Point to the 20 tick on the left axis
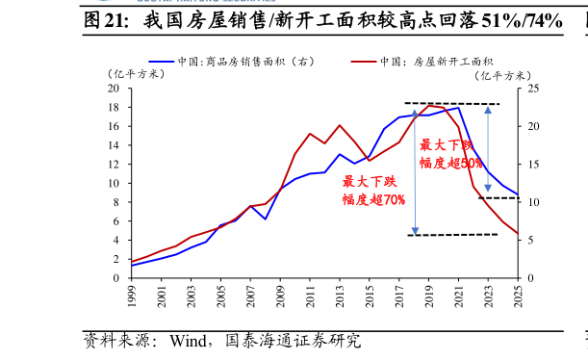120,89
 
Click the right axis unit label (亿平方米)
503,74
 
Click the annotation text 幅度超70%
373,199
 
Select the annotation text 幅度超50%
450,163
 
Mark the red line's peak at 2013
340,125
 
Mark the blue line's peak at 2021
459,107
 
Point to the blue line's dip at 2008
266,219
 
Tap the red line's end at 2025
518,233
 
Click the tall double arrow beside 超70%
415,168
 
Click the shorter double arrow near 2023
488,149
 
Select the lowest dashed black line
452,235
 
